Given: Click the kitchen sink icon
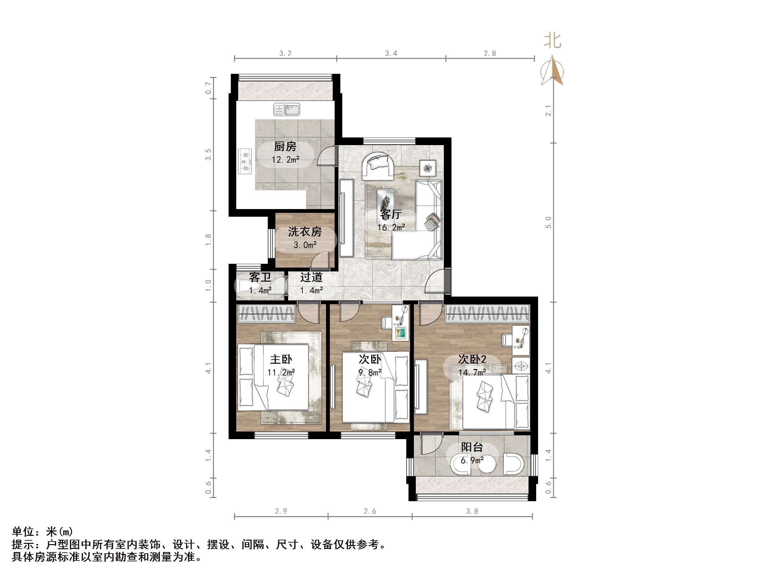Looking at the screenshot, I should [x=287, y=109].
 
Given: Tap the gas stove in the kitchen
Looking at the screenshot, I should [x=245, y=161].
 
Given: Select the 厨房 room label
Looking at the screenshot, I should [x=285, y=147].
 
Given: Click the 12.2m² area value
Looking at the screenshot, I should [x=285, y=160].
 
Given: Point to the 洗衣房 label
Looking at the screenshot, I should [x=305, y=232].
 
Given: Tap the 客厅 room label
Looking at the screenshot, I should [x=391, y=214].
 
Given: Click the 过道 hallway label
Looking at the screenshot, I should [x=311, y=277].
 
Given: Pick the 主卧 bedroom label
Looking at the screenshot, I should [x=281, y=360].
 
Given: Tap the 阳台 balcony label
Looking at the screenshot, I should [x=472, y=447].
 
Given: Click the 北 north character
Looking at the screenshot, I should [x=552, y=40].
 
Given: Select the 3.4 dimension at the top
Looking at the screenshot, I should [x=391, y=53].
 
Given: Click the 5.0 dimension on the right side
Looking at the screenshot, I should [x=548, y=222].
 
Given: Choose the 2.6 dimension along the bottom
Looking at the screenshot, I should [x=370, y=511].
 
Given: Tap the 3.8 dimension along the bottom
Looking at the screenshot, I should [x=472, y=511].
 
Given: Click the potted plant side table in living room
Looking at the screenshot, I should [x=428, y=168].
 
